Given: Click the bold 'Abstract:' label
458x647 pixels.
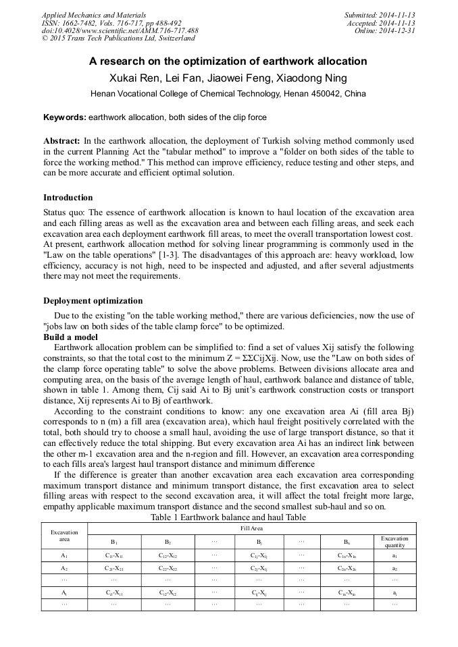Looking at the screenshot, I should pyautogui.click(x=61, y=141).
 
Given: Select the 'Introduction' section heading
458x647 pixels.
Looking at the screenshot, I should pyautogui.click(x=68, y=198).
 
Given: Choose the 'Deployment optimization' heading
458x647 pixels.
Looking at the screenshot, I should pyautogui.click(x=93, y=301).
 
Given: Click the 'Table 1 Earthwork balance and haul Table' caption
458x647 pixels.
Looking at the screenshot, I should pyautogui.click(x=228, y=517).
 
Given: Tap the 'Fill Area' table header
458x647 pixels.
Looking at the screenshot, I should pyautogui.click(x=251, y=528).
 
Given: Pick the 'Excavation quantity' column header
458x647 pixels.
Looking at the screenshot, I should pyautogui.click(x=395, y=541).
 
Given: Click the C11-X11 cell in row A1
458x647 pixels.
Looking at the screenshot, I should pyautogui.click(x=114, y=555).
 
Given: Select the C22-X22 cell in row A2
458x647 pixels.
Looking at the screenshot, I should pyautogui.click(x=168, y=569).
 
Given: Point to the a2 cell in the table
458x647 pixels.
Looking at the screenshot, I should pyautogui.click(x=395, y=569).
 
